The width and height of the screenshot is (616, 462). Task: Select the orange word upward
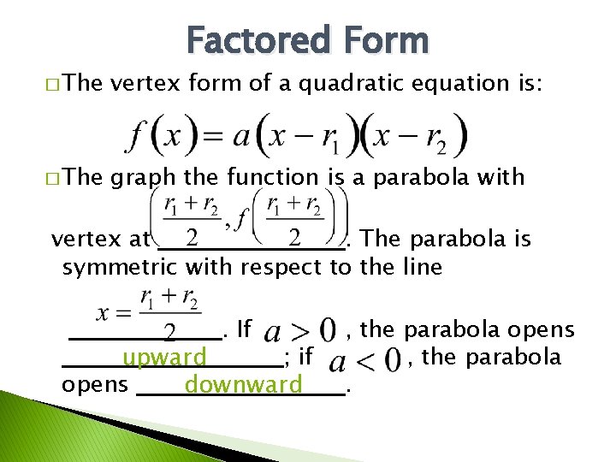[x=164, y=357]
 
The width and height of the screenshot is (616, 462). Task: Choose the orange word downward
[x=244, y=385]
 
